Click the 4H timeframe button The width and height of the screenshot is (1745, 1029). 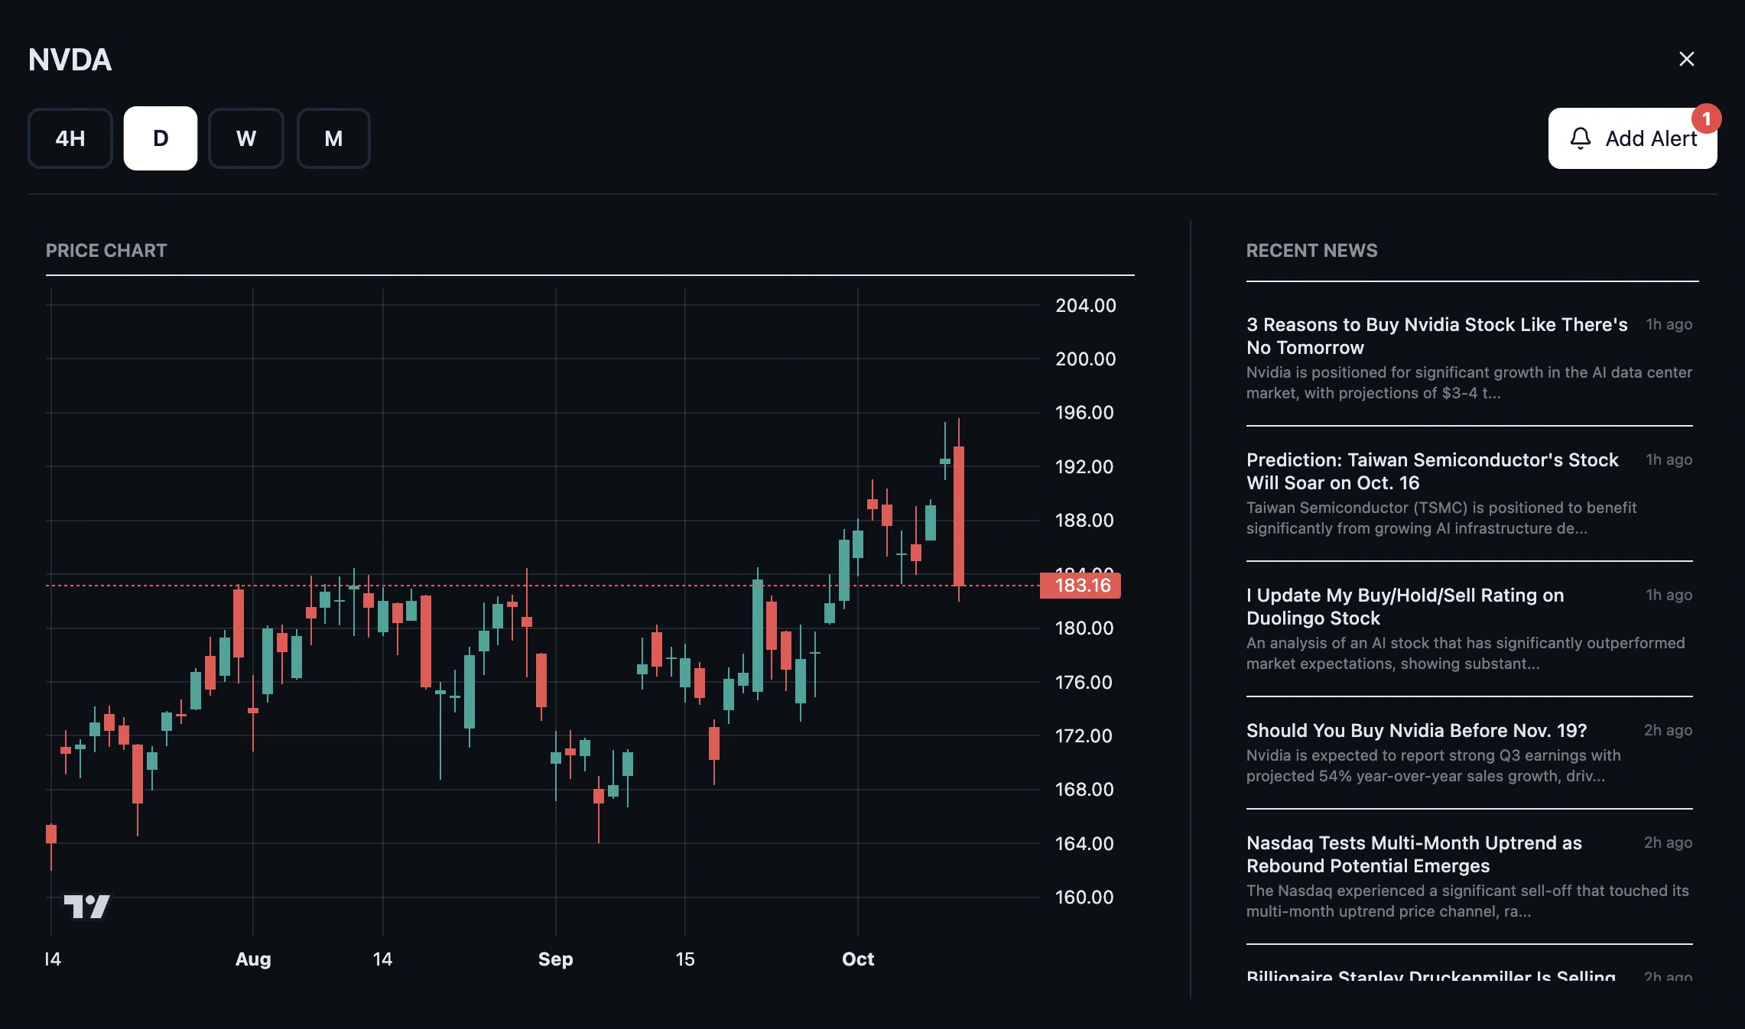pos(70,138)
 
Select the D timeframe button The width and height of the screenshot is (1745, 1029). pos(161,138)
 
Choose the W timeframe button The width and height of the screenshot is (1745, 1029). pos(246,138)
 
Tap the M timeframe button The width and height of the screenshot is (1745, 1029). pos(333,138)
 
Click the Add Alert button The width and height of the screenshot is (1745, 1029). pos(1632,138)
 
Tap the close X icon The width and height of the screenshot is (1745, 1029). pos(1686,59)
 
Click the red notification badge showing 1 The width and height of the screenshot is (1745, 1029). pos(1706,119)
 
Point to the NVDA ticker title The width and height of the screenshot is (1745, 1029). pos(70,60)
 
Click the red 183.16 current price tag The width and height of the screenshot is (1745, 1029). pos(1081,586)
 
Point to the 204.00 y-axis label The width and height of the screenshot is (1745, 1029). pos(1085,306)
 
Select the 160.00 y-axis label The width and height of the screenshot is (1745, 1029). pos(1084,897)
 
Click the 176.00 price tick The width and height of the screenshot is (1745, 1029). pos(1084,682)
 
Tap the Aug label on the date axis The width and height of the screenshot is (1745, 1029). pos(253,959)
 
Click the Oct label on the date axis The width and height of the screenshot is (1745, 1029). pos(858,959)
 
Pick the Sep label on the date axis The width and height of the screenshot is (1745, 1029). pos(555,959)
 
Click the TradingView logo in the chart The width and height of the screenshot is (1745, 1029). pos(87,907)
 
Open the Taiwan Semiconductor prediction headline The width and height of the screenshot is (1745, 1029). pos(1431,471)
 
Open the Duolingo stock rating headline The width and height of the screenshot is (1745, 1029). pos(1404,606)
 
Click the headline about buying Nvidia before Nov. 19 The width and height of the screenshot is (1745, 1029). pos(1416,731)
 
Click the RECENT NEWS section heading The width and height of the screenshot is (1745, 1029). pos(1311,251)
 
